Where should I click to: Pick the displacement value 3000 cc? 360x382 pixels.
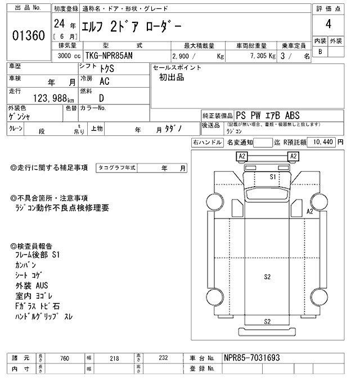click(x=68, y=57)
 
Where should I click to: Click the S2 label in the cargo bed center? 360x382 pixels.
click(x=267, y=276)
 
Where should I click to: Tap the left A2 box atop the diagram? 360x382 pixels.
click(x=242, y=156)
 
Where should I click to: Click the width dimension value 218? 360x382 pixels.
click(x=115, y=358)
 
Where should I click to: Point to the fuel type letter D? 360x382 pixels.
click(x=101, y=97)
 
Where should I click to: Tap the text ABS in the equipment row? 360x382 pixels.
click(x=294, y=115)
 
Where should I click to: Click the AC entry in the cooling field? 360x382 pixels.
click(x=105, y=81)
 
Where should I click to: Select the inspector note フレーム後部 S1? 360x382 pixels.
click(x=38, y=255)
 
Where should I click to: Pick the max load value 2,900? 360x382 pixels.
click(x=183, y=57)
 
